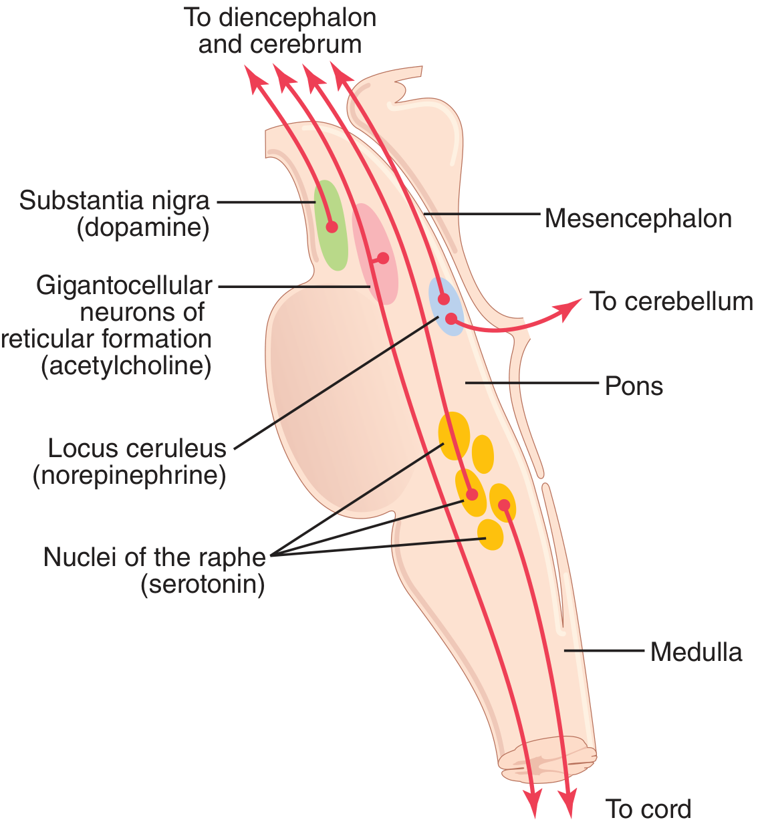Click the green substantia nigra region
pos(331,225)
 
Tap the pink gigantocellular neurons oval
pos(375,254)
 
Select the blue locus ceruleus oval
pos(446,307)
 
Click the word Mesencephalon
pos(638,219)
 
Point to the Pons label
pos(634,386)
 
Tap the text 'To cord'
pos(648,809)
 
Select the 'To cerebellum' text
pos(671,301)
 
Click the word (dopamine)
pos(143,228)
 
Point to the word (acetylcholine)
pos(126,366)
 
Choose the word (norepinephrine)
pos(130,475)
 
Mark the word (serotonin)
pos(203,584)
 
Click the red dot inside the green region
pos(332,227)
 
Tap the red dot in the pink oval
pos(383,258)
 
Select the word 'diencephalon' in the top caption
pos(297,18)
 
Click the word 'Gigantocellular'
pos(124,286)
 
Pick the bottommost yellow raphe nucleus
pos(490,535)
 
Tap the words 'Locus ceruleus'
pos(137,448)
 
